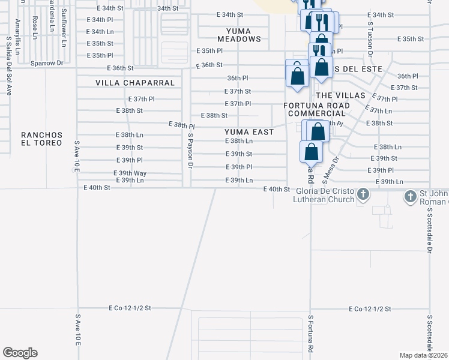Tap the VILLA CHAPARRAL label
[135, 82]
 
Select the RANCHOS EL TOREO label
[41, 139]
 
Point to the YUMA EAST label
[249, 132]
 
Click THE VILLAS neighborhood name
[340, 95]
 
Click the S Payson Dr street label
[190, 150]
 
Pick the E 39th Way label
[130, 173]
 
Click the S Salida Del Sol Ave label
[8, 65]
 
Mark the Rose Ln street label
[35, 24]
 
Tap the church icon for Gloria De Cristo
[363, 194]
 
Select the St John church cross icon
[410, 196]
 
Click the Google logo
[20, 353]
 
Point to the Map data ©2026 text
[424, 355]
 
